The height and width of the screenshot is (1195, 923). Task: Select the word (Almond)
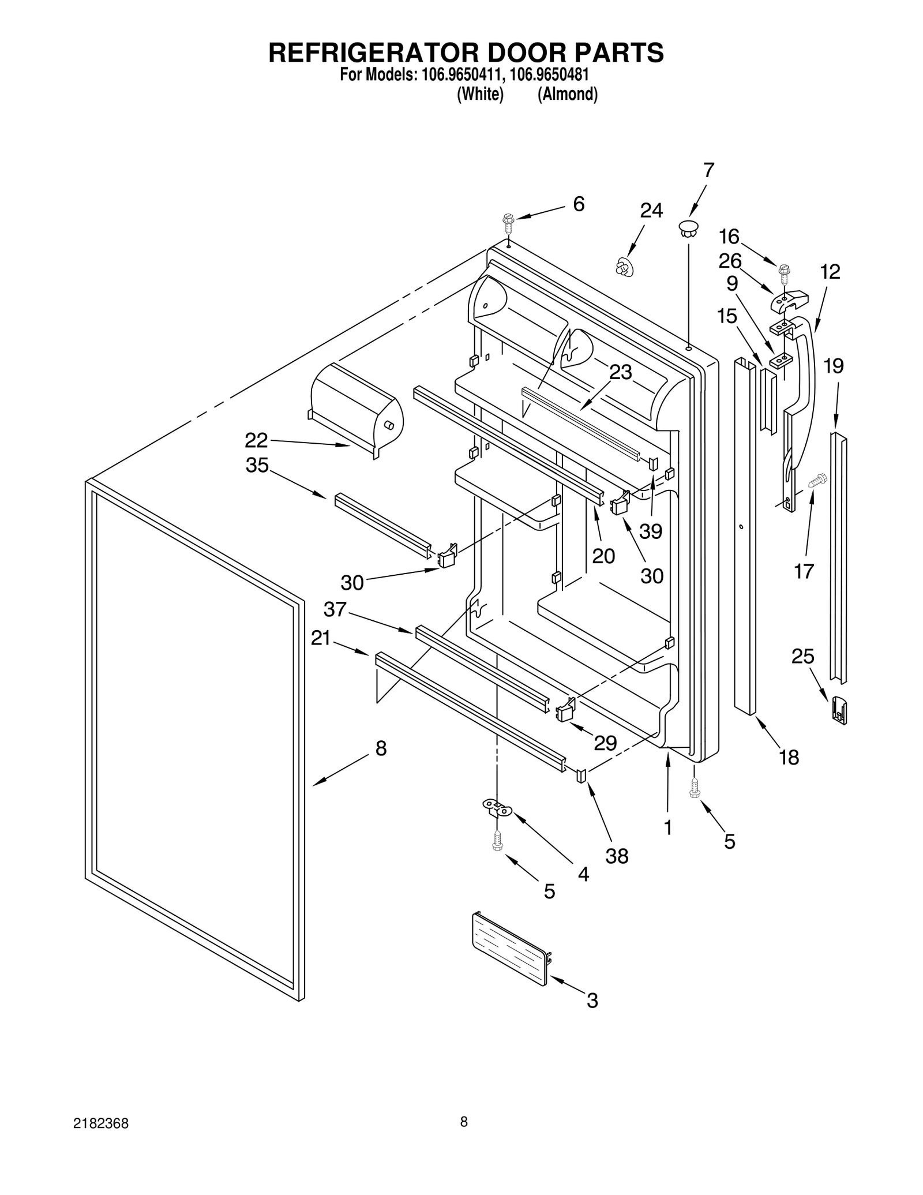(x=567, y=95)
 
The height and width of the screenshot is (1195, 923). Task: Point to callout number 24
(x=651, y=211)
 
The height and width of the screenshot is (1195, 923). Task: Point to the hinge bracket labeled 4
(x=497, y=807)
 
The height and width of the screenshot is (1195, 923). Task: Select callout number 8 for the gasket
(x=381, y=749)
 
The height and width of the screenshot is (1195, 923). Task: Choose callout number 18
(x=789, y=757)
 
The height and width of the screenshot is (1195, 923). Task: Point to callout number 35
(x=257, y=465)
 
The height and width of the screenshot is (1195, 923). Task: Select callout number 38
(x=616, y=856)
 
